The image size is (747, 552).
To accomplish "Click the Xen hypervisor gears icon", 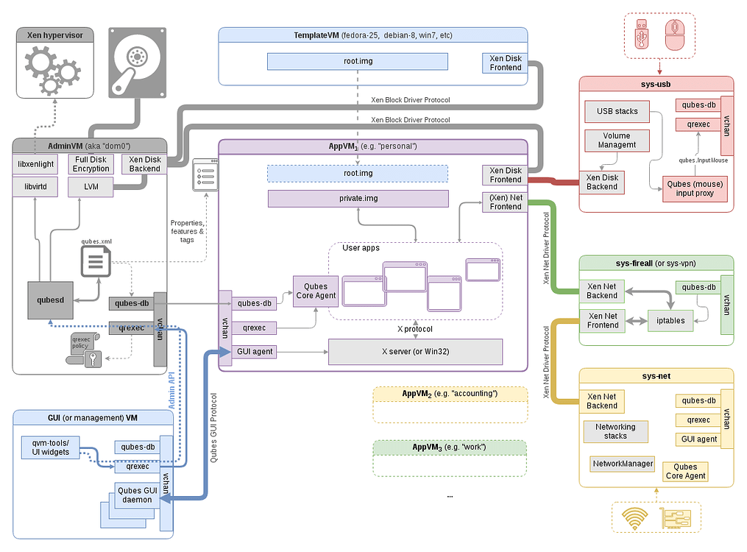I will coord(51,71).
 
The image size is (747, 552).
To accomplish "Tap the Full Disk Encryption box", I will coord(91,164).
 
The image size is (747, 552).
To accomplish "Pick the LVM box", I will coord(91,187).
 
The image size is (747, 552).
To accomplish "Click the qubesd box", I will coord(50,300).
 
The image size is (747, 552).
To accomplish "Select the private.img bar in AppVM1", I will coord(358,198).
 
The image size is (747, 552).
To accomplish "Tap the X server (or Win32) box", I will coord(415,352).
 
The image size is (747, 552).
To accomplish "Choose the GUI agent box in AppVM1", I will coord(254,352).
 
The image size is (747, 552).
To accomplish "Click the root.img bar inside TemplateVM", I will coord(358,61).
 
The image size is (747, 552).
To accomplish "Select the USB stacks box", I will coord(617,112).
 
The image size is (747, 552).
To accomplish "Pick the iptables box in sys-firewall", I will coord(671,320).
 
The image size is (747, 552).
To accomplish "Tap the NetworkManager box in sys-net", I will coord(623,464).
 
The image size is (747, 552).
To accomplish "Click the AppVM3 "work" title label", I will coord(449,447).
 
